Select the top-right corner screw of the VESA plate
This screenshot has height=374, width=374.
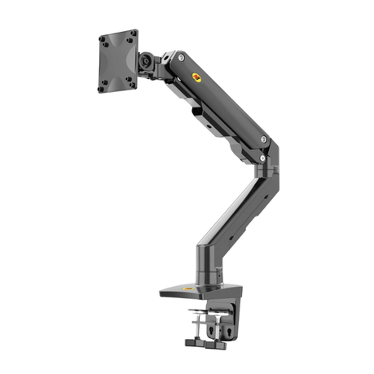coord(132,33)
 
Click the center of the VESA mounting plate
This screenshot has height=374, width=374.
coord(117,61)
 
